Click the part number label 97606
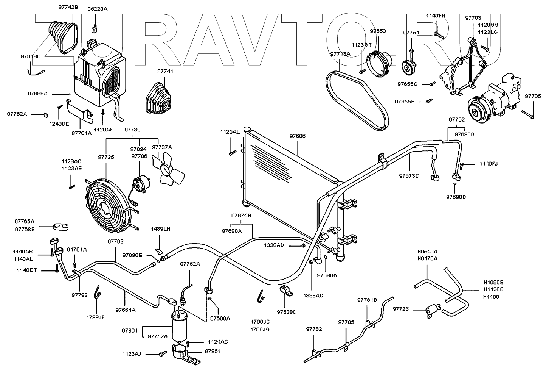point(298,136)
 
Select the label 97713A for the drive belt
point(340,54)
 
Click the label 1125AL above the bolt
point(230,132)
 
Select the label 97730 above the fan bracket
point(132,130)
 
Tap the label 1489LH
point(160,229)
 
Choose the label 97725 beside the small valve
point(401,309)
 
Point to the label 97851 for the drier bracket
point(213,352)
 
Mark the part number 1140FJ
point(489,164)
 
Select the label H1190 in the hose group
point(492,297)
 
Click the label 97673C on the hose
point(409,176)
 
